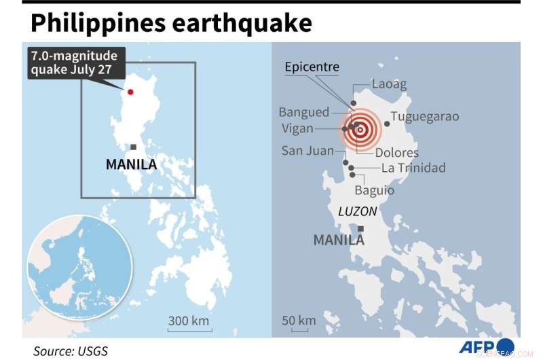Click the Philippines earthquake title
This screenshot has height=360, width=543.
[x=171, y=23]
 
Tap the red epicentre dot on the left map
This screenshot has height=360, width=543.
[x=130, y=92]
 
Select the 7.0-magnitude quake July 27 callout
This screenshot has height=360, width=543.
[x=73, y=62]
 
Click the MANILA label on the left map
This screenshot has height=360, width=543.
[x=131, y=164]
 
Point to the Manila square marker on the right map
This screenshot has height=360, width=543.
[x=361, y=229]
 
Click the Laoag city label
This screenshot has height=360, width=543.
[x=389, y=85]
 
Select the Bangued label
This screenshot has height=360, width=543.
[x=303, y=112]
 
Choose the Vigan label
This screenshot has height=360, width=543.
[x=297, y=128]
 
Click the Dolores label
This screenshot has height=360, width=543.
[x=396, y=153]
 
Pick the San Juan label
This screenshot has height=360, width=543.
[x=307, y=151]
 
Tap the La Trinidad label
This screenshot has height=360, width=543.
[x=413, y=168]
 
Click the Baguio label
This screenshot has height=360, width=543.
[x=374, y=190]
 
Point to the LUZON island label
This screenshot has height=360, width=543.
[x=357, y=212]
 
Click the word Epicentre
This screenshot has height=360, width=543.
[x=312, y=67]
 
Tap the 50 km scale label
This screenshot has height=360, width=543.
[x=299, y=321]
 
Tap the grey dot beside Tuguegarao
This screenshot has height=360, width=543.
[x=387, y=124]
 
